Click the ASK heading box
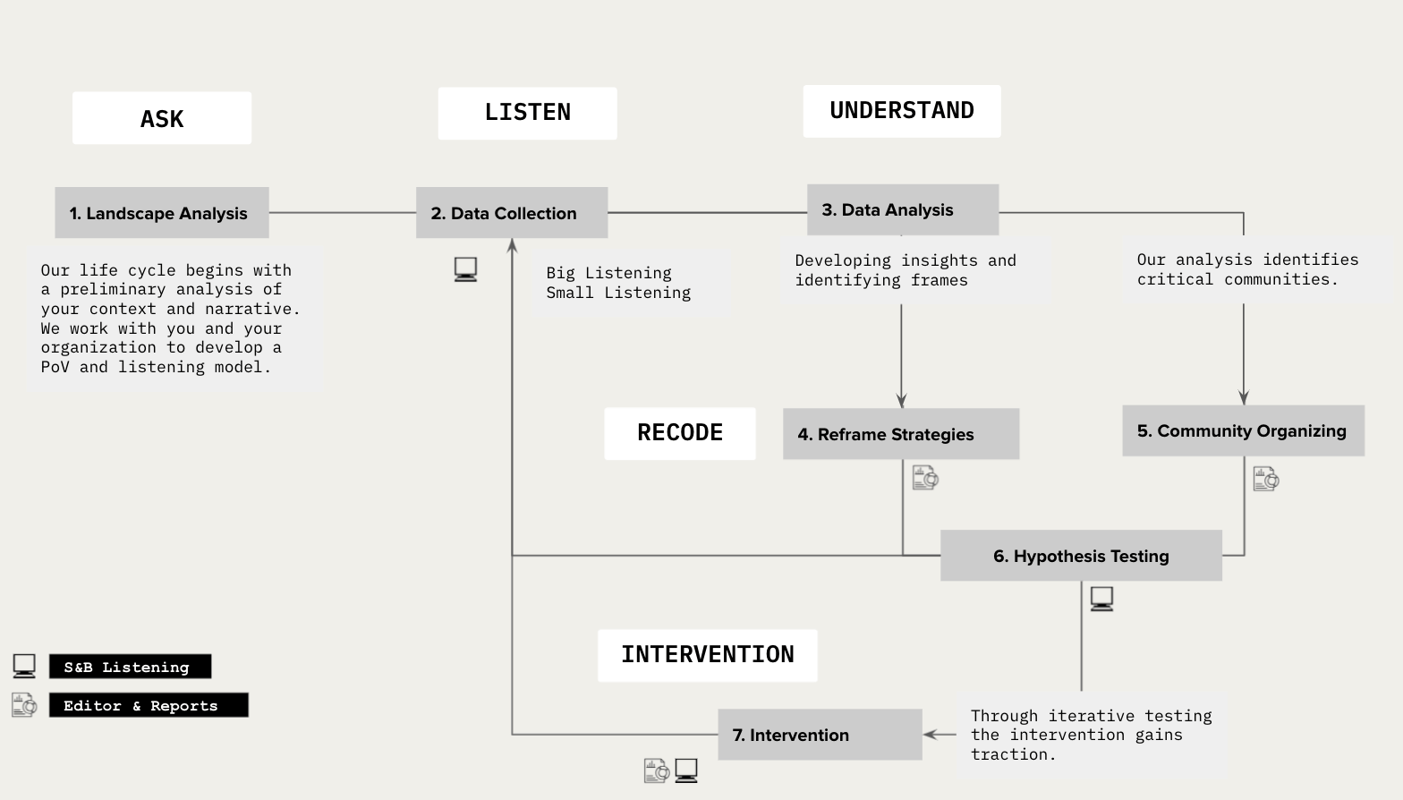[161, 118]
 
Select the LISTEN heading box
[527, 113]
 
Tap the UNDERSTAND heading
[901, 111]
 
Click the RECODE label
[679, 433]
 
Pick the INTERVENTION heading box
[707, 655]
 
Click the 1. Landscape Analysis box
[161, 213]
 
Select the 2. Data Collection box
[511, 213]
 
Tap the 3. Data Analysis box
[902, 210]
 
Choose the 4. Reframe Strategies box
[900, 434]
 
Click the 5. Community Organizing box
[1242, 430]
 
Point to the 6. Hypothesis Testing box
[1080, 556]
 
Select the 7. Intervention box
[819, 735]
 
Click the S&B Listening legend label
[130, 667]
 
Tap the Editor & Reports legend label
[148, 705]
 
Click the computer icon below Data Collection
[465, 269]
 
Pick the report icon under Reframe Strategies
[924, 477]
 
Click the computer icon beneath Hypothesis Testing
[1101, 599]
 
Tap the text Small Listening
[618, 293]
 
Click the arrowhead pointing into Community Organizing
[1243, 397]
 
